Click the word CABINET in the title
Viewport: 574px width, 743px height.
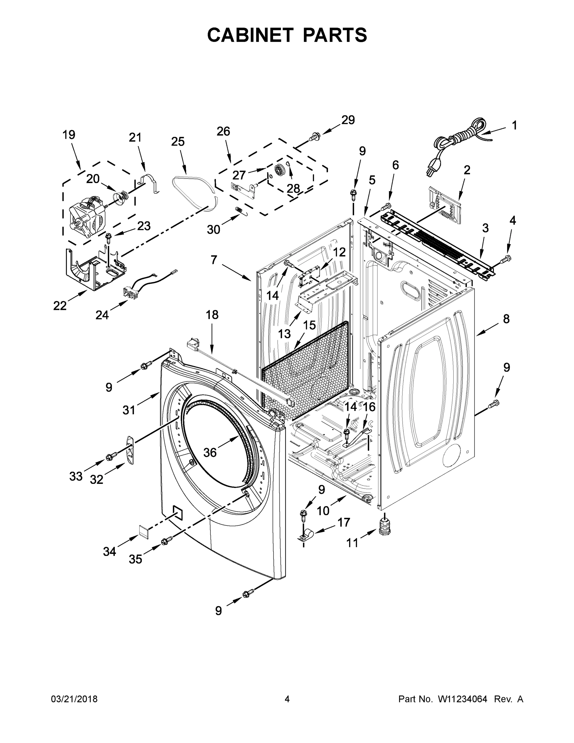(x=250, y=35)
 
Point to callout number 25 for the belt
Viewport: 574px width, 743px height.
(x=178, y=141)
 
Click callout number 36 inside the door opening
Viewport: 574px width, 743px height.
(x=210, y=453)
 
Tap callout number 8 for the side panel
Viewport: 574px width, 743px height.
(x=506, y=319)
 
